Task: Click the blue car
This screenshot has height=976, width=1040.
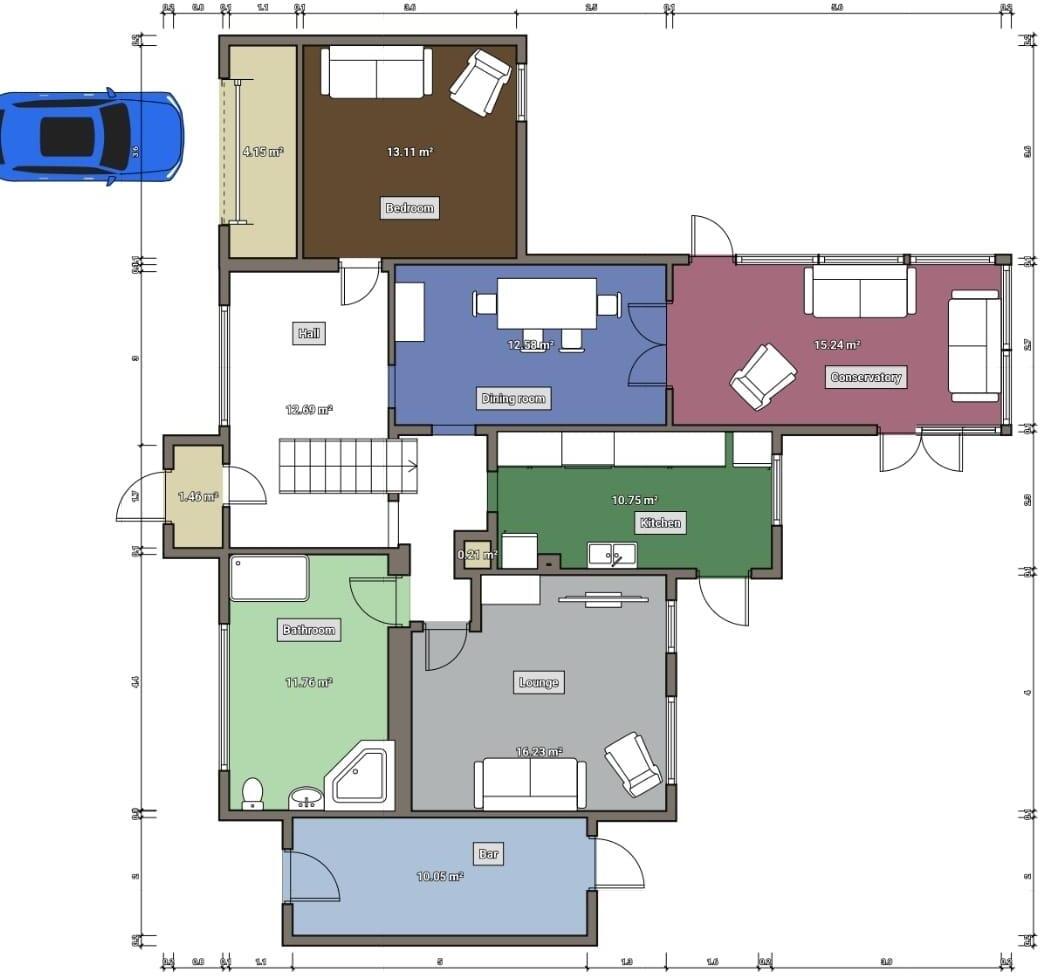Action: (x=90, y=136)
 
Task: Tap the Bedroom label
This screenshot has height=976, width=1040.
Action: (x=410, y=208)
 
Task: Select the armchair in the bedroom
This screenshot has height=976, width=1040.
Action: (x=481, y=82)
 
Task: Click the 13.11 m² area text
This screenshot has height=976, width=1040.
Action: (x=410, y=152)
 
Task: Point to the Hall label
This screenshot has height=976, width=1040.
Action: (x=309, y=333)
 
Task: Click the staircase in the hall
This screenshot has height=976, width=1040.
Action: (x=346, y=466)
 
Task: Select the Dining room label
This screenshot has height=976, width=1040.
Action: (x=514, y=398)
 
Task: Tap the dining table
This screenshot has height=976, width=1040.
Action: (x=546, y=303)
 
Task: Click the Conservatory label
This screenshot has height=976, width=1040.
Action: (x=866, y=377)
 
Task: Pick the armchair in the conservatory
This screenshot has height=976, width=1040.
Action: (x=763, y=376)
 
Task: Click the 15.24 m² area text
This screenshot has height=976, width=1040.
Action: (x=837, y=345)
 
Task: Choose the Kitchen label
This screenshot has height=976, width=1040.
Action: (x=660, y=522)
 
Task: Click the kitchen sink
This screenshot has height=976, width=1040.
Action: (x=611, y=554)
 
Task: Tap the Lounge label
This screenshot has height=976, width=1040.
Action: (x=539, y=682)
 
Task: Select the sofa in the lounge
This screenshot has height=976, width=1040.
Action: (x=530, y=783)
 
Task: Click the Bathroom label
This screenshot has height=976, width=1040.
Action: (x=309, y=630)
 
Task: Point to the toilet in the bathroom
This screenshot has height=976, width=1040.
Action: (x=253, y=792)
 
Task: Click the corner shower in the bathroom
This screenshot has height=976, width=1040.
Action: (x=362, y=774)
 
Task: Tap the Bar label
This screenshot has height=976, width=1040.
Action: (x=488, y=854)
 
